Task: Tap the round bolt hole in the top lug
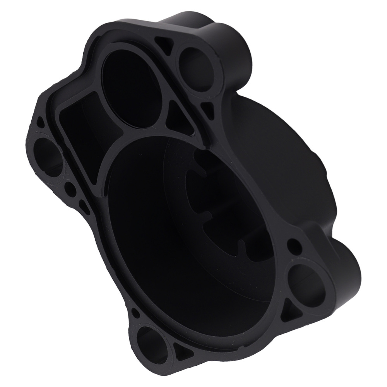click(x=193, y=66)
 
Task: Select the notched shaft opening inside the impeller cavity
click(x=217, y=201)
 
